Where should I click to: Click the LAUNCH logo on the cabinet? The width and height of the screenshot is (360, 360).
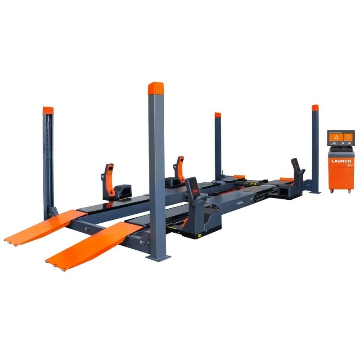(341, 160)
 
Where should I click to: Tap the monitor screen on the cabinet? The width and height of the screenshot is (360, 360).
(341, 139)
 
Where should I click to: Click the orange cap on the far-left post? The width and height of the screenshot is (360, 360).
(48, 110)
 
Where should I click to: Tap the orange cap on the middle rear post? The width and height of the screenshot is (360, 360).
(218, 115)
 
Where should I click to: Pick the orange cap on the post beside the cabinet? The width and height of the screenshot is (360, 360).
(315, 108)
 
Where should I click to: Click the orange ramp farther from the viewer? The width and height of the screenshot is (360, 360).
(43, 227)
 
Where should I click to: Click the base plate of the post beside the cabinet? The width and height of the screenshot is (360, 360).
(315, 192)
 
